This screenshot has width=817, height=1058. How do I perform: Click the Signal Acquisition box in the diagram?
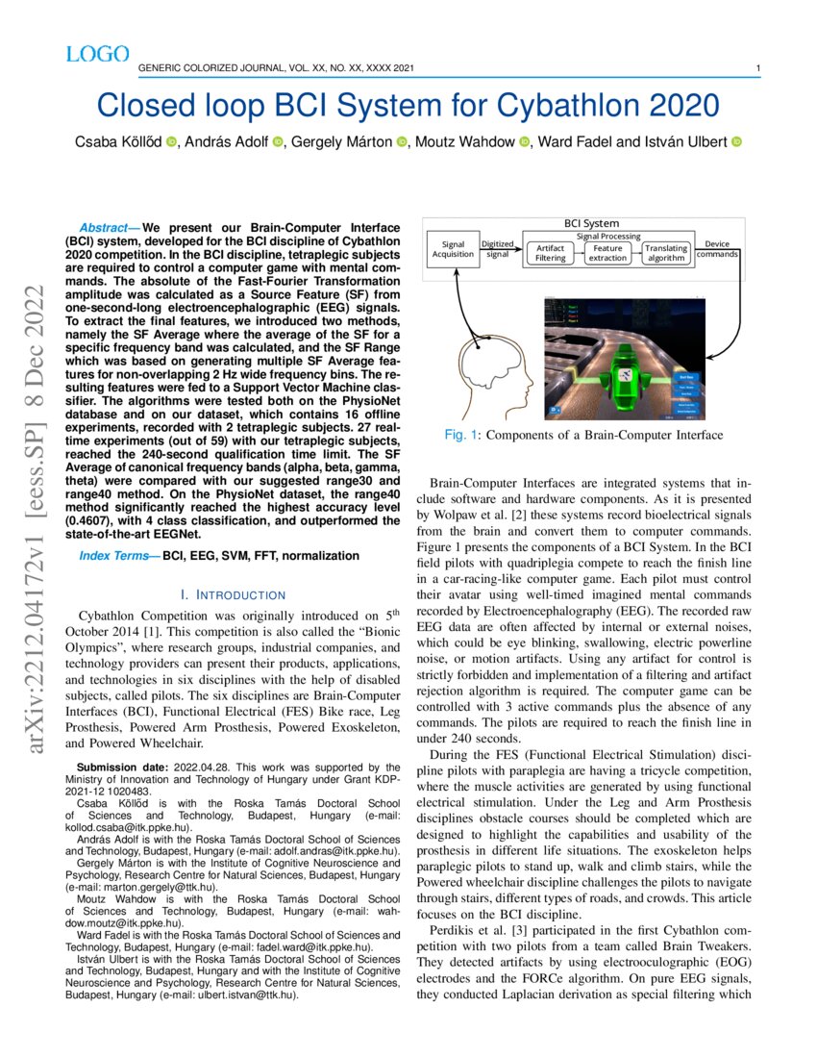pyautogui.click(x=453, y=249)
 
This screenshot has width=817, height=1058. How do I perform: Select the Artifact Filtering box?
pyautogui.click(x=551, y=253)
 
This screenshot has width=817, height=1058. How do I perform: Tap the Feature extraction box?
pyautogui.click(x=607, y=253)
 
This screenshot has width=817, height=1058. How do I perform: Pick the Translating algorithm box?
pyautogui.click(x=665, y=253)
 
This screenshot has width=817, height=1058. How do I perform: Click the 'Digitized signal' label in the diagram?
pyautogui.click(x=497, y=249)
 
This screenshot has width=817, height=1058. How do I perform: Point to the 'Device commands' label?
pyautogui.click(x=717, y=248)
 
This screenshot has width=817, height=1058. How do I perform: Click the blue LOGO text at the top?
pyautogui.click(x=97, y=55)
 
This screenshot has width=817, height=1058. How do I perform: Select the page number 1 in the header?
pyautogui.click(x=758, y=68)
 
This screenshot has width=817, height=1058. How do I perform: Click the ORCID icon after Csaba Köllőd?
pyautogui.click(x=171, y=142)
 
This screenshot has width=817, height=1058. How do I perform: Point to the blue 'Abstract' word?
pyautogui.click(x=109, y=224)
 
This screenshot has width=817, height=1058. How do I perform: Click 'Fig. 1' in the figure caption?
pyautogui.click(x=461, y=436)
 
